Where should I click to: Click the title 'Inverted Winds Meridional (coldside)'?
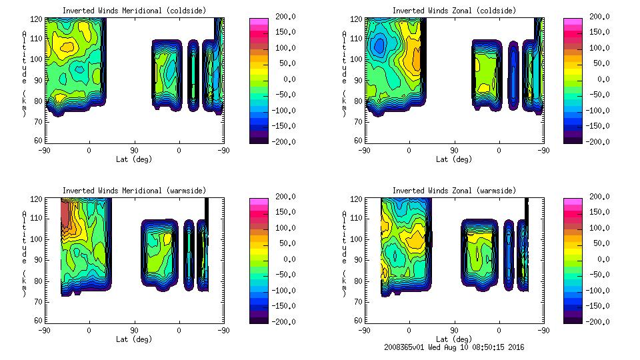(133, 10)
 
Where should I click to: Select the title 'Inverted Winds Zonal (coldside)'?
(454, 10)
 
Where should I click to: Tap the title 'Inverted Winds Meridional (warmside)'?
(133, 190)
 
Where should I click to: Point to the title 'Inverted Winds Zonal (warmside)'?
(454, 190)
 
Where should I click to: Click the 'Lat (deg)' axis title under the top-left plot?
(133, 159)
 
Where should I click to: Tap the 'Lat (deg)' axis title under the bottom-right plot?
(454, 339)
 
